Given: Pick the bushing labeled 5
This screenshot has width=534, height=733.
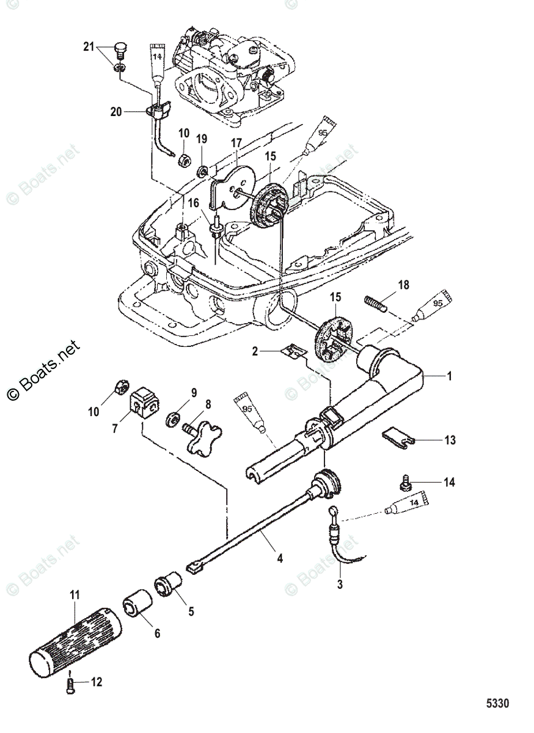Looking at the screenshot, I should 169,583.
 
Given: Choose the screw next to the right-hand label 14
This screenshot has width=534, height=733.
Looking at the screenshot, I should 404,483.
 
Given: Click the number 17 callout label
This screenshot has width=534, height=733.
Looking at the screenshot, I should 236,144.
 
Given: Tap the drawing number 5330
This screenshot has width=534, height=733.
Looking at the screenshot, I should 497,703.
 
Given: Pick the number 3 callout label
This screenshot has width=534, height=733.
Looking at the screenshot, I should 340,585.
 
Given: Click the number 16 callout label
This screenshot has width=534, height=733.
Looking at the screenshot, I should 193,203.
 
